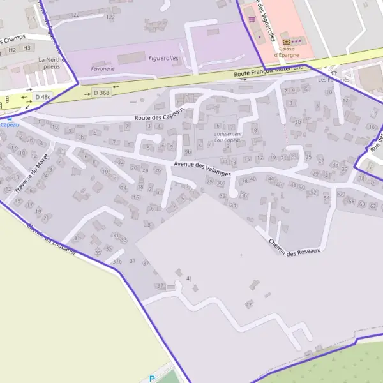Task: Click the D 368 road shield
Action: (x=101, y=93)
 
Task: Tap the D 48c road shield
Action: (x=42, y=96)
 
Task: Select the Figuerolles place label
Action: (x=163, y=58)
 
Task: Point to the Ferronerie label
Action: (x=103, y=68)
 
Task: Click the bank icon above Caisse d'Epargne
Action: (x=285, y=40)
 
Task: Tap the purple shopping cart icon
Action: (x=252, y=19)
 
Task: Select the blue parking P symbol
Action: (x=152, y=378)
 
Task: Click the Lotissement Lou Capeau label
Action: (x=228, y=137)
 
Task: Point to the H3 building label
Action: (x=27, y=48)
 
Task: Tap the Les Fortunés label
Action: (x=334, y=80)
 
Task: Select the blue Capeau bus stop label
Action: (x=10, y=124)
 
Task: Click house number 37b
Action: (x=117, y=262)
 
